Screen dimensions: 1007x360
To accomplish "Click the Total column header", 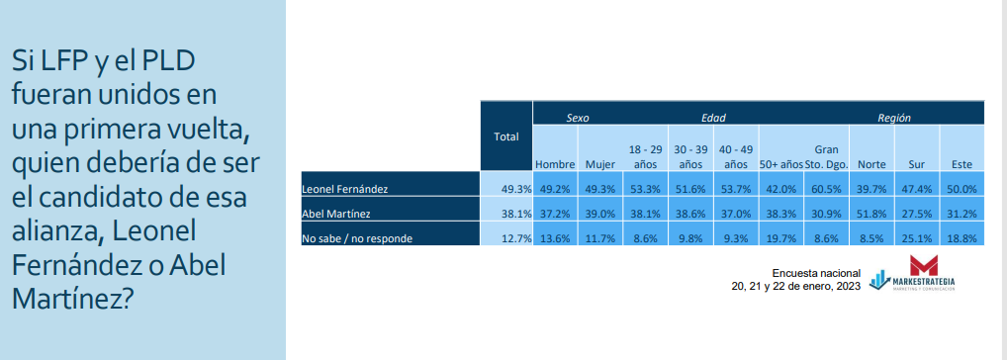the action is click(506, 136).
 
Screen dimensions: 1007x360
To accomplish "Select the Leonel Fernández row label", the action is click(345, 189).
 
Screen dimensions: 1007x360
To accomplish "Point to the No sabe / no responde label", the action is click(356, 238).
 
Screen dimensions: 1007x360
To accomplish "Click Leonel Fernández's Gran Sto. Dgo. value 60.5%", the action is click(832, 189).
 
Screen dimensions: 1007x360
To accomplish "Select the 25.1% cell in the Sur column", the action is click(916, 238).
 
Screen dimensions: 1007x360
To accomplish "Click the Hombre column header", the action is click(555, 164).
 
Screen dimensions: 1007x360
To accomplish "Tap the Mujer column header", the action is click(599, 164).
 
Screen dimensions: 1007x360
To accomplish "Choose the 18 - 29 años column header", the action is click(645, 156).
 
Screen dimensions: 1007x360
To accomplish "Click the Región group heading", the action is click(894, 118).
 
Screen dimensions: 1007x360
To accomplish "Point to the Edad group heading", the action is click(713, 118).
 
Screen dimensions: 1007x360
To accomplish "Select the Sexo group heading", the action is click(578, 118).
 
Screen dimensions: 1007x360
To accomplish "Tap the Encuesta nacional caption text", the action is click(816, 274).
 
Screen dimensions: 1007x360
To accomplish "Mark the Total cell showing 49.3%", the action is click(515, 189).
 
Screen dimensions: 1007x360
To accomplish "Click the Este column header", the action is click(961, 164).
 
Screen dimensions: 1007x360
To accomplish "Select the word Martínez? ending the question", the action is click(72, 299).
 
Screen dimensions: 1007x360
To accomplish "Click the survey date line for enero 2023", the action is click(795, 287).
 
